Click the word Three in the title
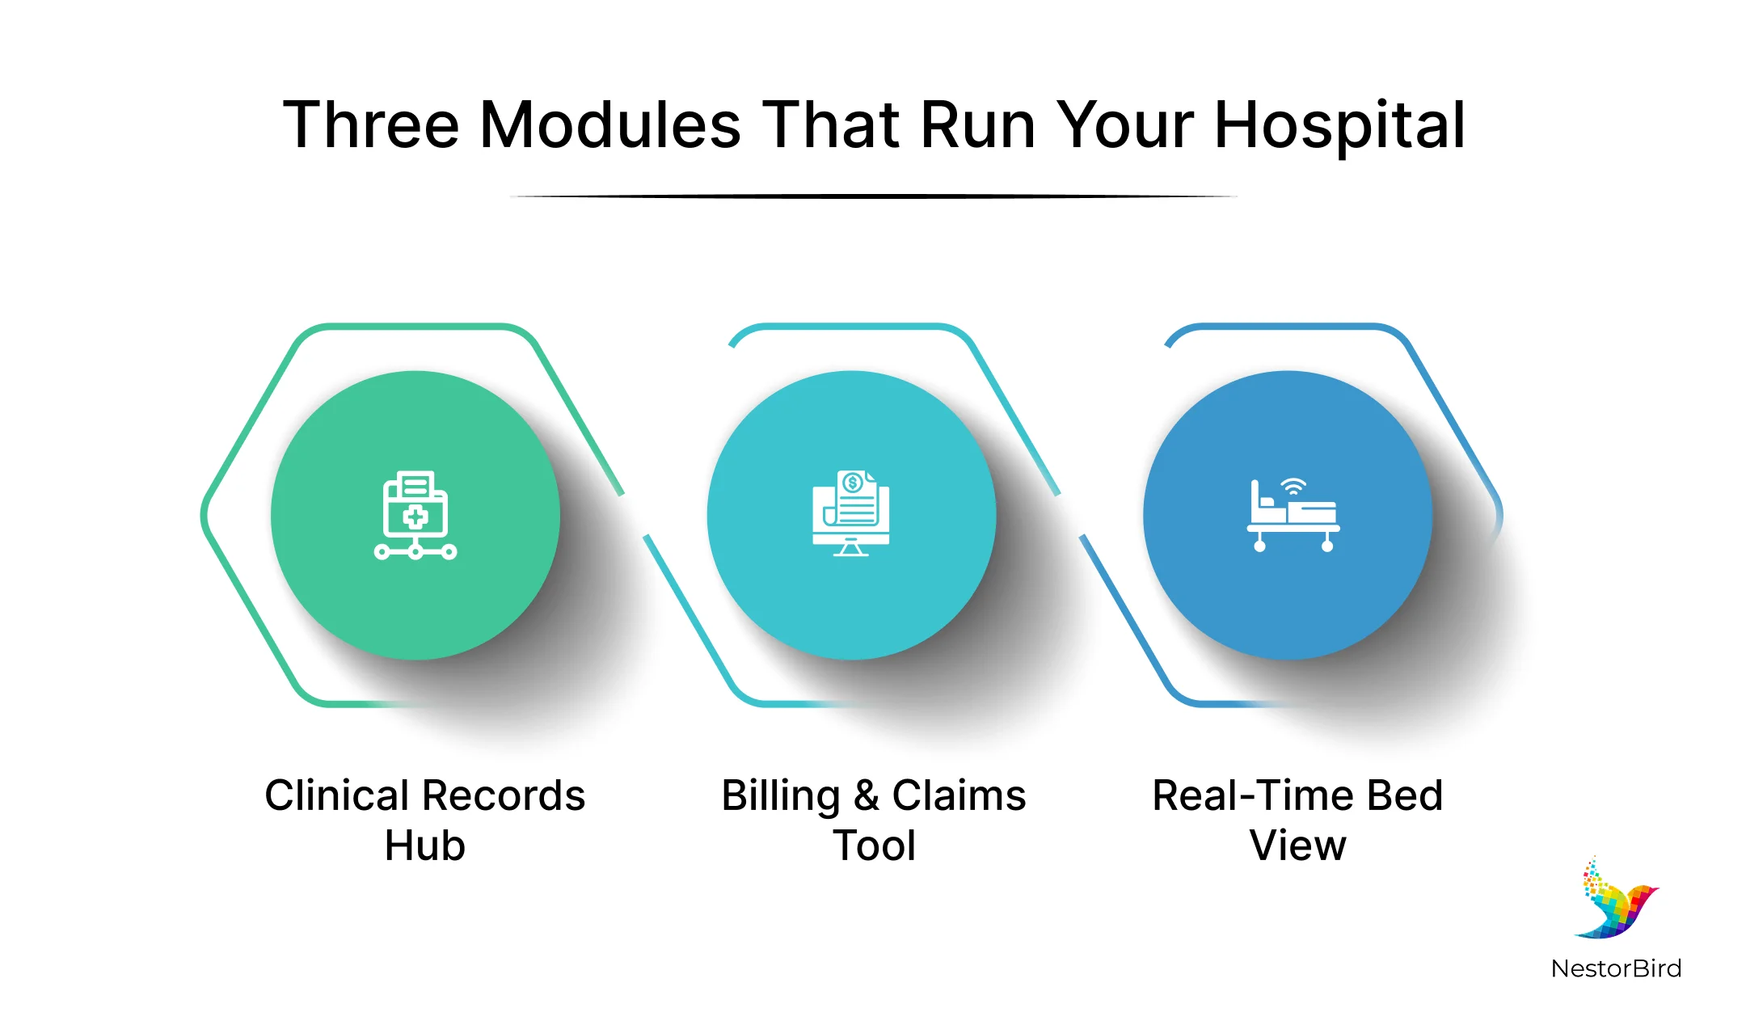(371, 125)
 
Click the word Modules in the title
(610, 125)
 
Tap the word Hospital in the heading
(1339, 125)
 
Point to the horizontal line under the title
(873, 196)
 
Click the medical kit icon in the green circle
(415, 515)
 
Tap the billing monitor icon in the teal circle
(850, 514)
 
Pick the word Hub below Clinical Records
(425, 846)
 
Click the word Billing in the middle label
(781, 795)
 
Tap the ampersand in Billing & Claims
(866, 795)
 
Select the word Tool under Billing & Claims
(874, 846)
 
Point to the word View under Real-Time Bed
(1297, 846)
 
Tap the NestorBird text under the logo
(1616, 968)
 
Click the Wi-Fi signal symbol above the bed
(1293, 487)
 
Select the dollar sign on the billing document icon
(852, 483)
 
